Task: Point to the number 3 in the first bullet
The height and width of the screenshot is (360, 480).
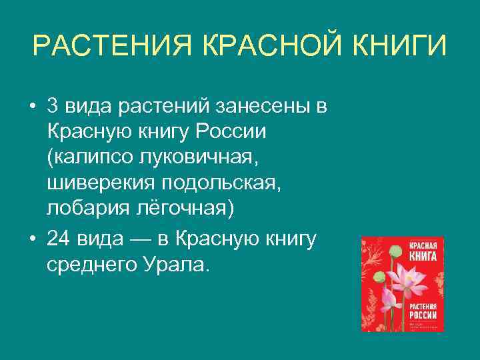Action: click(x=53, y=107)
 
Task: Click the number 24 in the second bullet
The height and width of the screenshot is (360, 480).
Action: click(x=60, y=239)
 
